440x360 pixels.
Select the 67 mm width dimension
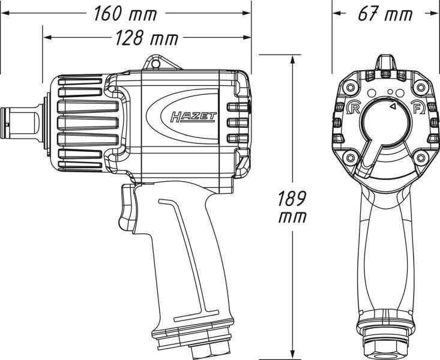coord(385,13)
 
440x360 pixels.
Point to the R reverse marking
coord(354,108)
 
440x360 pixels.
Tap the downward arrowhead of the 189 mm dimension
coord(292,354)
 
